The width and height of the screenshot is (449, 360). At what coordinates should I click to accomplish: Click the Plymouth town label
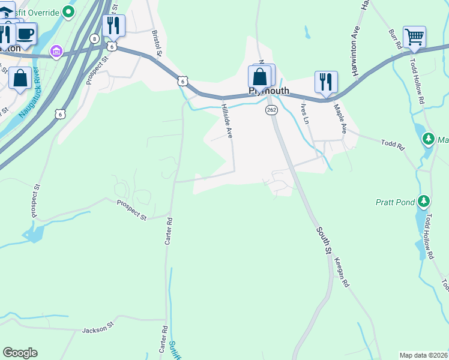click(269, 91)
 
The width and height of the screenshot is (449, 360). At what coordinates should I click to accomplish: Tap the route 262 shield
click(271, 110)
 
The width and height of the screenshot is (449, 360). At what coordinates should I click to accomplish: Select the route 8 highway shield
click(94, 38)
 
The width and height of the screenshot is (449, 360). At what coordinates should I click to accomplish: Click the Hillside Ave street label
click(227, 121)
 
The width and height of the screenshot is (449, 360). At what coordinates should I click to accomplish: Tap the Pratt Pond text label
click(396, 202)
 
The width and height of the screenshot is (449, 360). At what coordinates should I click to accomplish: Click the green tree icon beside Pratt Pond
click(424, 200)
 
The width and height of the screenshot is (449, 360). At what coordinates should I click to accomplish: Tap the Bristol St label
click(157, 44)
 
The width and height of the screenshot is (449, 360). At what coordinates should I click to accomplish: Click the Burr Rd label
click(394, 39)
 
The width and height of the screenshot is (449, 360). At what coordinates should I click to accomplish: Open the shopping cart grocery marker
click(414, 37)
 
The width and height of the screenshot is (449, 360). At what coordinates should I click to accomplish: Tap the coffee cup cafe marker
click(25, 33)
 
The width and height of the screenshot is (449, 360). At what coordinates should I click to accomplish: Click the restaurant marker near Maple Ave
click(326, 82)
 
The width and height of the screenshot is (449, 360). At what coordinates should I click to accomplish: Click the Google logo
click(20, 353)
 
